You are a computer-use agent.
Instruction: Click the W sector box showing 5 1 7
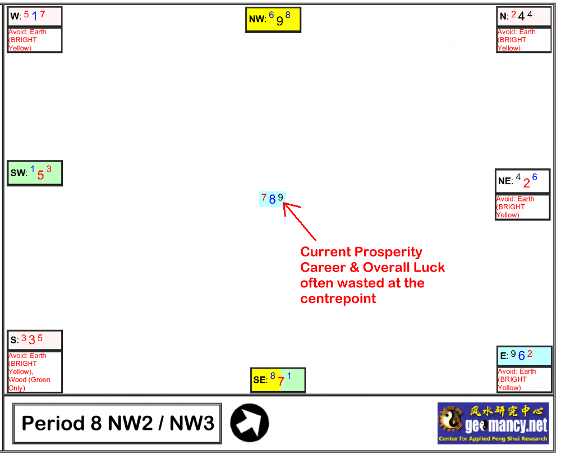tap(35, 16)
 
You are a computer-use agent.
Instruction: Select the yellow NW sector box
tap(273, 20)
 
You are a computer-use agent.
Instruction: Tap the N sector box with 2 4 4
tap(524, 16)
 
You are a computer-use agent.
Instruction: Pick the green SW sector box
tap(35, 173)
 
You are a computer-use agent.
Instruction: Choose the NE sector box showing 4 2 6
tap(523, 181)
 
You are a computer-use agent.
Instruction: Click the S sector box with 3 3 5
tap(35, 340)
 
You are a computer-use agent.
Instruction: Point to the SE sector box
tap(278, 380)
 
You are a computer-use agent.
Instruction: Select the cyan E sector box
tap(525, 356)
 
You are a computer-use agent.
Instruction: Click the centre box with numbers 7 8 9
tap(272, 199)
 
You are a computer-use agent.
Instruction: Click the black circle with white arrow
tap(250, 423)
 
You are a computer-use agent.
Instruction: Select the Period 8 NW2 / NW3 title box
tap(117, 424)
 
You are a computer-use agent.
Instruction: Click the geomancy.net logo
tap(493, 423)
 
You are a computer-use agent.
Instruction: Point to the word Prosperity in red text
tap(389, 252)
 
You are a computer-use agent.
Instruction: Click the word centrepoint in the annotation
tap(338, 299)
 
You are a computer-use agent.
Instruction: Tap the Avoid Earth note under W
tap(35, 40)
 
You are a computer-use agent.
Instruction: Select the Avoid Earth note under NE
tap(523, 207)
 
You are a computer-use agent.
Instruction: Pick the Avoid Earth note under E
tap(525, 379)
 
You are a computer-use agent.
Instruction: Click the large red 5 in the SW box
tap(40, 175)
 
